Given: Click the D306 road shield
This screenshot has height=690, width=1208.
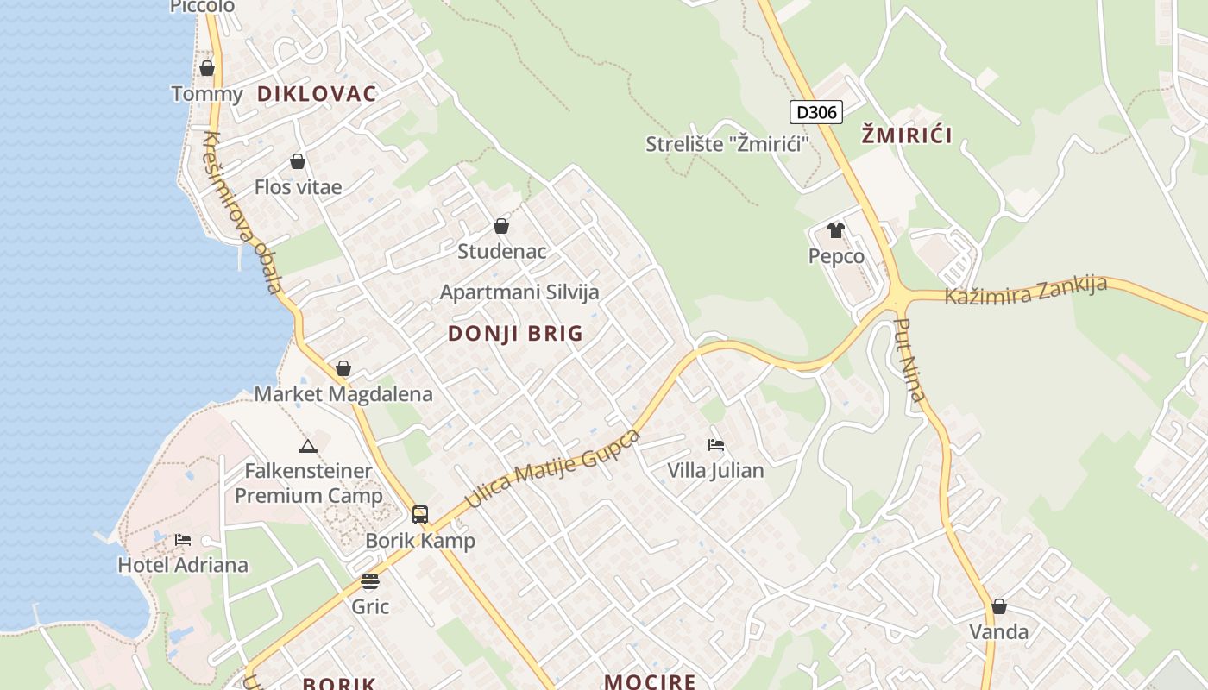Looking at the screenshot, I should click(x=815, y=112).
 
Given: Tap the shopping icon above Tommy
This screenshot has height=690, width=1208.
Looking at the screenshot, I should click(x=207, y=68).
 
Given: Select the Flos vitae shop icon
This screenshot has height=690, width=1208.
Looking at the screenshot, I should click(x=298, y=161).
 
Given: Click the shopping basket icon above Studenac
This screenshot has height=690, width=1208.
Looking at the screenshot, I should click(x=501, y=227).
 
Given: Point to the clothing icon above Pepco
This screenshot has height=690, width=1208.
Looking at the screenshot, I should click(x=836, y=230).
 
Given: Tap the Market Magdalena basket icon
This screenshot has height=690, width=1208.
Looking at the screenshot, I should click(x=343, y=369).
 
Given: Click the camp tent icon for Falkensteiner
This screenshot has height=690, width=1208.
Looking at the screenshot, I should click(x=307, y=446).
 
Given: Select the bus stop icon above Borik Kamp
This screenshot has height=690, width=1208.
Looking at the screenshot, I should click(x=420, y=515).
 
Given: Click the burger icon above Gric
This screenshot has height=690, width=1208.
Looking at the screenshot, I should click(x=370, y=581).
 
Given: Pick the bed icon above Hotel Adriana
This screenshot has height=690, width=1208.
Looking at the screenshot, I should click(x=183, y=540).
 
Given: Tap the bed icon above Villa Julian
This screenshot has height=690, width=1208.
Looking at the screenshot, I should click(x=715, y=445).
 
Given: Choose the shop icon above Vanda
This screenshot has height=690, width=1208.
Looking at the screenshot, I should click(x=999, y=607).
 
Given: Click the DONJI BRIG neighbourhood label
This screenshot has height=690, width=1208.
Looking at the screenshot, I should click(x=516, y=334).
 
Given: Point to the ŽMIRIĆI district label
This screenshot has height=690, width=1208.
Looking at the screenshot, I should click(x=907, y=135).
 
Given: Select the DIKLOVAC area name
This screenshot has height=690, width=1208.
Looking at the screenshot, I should click(x=317, y=94).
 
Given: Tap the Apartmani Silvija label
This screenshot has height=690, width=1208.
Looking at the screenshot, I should click(x=519, y=292).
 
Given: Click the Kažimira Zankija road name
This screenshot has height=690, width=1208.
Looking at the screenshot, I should click(x=1025, y=291).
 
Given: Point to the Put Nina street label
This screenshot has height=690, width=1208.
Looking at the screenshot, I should click(x=910, y=361).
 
